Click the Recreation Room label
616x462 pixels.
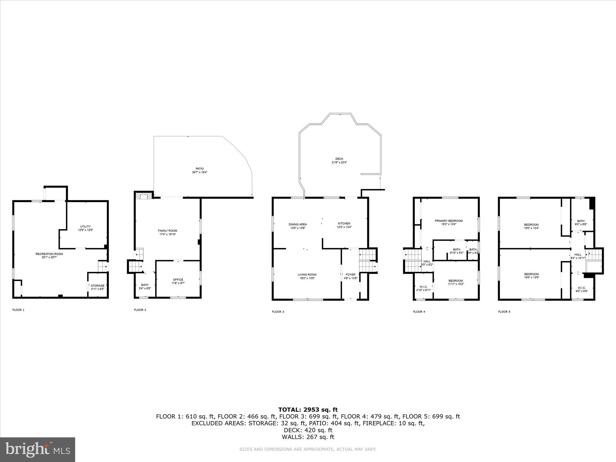pyautogui.click(x=49, y=254)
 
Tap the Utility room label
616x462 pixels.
pyautogui.click(x=85, y=226)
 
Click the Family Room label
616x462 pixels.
pyautogui.click(x=168, y=231)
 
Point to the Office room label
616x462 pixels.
pyautogui.click(x=178, y=280)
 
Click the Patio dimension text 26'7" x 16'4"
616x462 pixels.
pyautogui.click(x=200, y=172)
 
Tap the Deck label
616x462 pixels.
pyautogui.click(x=339, y=159)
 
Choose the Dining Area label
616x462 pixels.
pyautogui.click(x=298, y=224)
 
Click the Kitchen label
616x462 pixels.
pyautogui.click(x=344, y=223)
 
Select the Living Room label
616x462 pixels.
pyautogui.click(x=307, y=274)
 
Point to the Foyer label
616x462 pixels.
pyautogui.click(x=351, y=274)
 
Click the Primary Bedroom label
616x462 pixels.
pyautogui.click(x=448, y=221)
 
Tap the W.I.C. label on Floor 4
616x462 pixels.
pyautogui.click(x=423, y=287)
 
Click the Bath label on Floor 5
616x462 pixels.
pyautogui.click(x=581, y=221)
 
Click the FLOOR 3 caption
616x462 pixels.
pyautogui.click(x=278, y=312)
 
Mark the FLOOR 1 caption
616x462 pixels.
pyautogui.click(x=18, y=310)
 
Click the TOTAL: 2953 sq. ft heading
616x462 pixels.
pyautogui.click(x=308, y=410)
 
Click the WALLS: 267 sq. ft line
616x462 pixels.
pyautogui.click(x=308, y=437)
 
